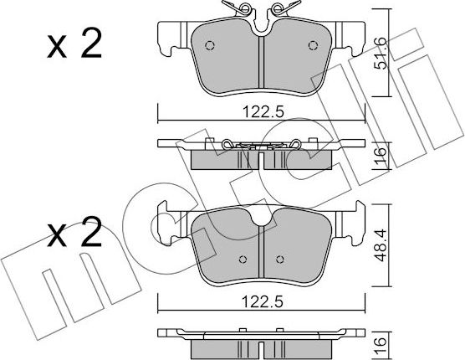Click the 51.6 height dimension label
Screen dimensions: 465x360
[381, 54]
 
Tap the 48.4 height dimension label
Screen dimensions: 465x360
[381, 245]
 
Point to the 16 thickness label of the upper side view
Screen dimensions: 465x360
[381, 155]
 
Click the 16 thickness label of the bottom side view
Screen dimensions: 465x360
[381, 346]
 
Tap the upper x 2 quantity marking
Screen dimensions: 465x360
[74, 44]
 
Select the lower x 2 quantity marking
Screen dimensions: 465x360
[74, 232]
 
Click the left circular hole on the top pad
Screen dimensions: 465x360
[210, 45]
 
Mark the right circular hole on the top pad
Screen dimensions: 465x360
[313, 45]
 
